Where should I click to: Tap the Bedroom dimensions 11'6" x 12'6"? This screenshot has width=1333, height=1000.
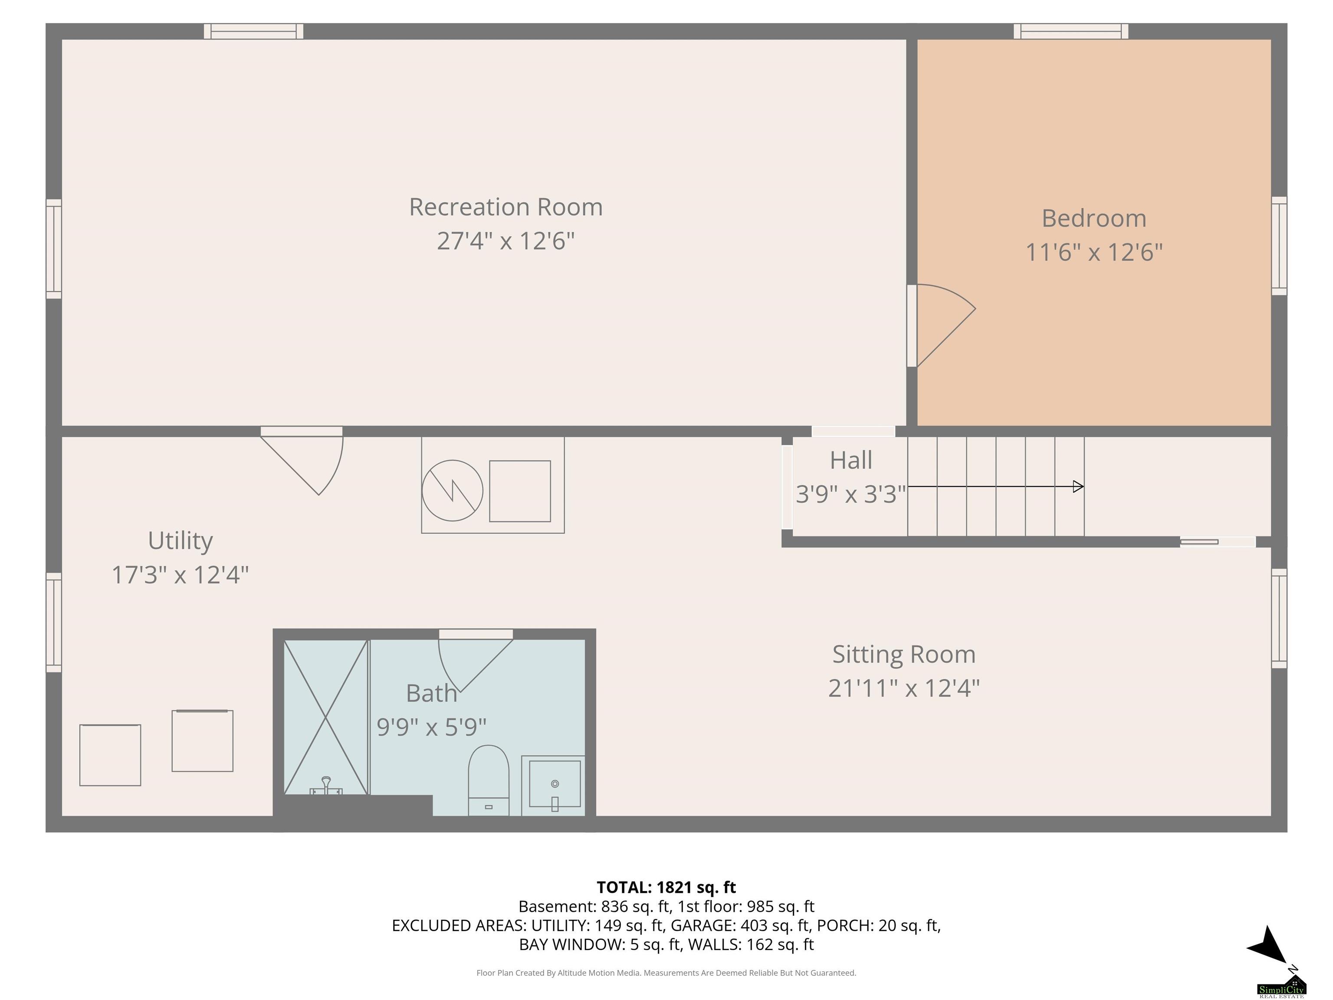click(1094, 252)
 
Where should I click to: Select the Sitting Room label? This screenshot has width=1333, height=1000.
click(904, 655)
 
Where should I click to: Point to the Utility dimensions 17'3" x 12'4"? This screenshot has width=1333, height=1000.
click(180, 575)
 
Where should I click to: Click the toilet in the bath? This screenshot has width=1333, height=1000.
click(488, 780)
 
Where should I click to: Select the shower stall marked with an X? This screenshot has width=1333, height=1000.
click(325, 717)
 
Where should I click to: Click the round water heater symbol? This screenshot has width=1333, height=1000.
click(453, 490)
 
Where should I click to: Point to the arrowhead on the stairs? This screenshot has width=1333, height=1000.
click(1079, 487)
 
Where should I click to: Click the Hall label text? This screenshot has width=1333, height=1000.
click(851, 461)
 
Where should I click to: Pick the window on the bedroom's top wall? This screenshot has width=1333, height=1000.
click(1071, 31)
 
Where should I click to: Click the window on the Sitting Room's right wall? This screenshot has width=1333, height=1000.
click(1279, 618)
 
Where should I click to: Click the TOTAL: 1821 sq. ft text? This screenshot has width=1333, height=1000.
click(666, 887)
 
